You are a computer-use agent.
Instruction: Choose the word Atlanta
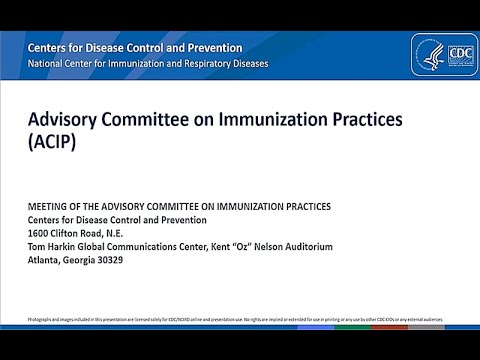[x=45, y=262]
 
